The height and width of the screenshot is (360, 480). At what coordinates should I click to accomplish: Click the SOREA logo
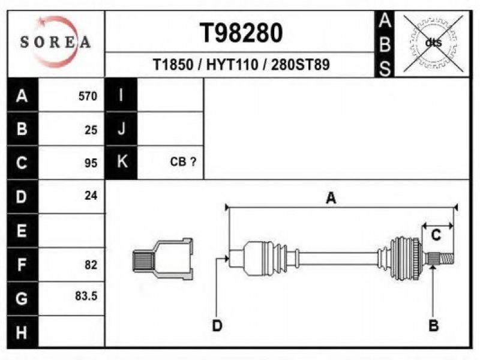pos(55,41)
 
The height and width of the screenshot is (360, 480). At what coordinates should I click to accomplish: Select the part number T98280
pos(241,33)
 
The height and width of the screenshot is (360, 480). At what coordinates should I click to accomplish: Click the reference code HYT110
pos(232,65)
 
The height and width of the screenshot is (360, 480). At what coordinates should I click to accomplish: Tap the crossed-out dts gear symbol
pos(433,43)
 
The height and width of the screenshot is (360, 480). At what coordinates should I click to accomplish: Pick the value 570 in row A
pos(88,96)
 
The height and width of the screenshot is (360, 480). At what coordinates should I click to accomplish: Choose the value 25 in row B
pos(91,130)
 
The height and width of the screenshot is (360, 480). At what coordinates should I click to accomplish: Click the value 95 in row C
pos(91,163)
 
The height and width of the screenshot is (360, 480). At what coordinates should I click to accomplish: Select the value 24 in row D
pos(91,196)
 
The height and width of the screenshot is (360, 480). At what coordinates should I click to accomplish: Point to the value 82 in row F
pos(91,265)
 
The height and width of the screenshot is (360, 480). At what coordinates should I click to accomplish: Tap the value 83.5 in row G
pos(86,296)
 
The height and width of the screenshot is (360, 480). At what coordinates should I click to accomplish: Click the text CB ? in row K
pos(183,161)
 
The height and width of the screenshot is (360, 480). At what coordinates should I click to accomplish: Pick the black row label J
pos(121,128)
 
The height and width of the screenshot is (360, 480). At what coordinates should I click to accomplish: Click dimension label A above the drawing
pos(331,198)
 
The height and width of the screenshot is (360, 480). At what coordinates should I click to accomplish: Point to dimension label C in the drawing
pos(436,235)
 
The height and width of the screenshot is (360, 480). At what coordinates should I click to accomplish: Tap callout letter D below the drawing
pos(217,325)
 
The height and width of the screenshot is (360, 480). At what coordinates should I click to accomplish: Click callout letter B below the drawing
pos(433,325)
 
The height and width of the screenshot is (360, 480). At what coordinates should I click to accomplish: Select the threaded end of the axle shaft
pos(446,259)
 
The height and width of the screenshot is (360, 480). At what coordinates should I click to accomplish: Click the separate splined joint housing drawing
pos(163,259)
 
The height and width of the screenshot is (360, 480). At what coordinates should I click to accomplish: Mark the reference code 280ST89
pos(301,65)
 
